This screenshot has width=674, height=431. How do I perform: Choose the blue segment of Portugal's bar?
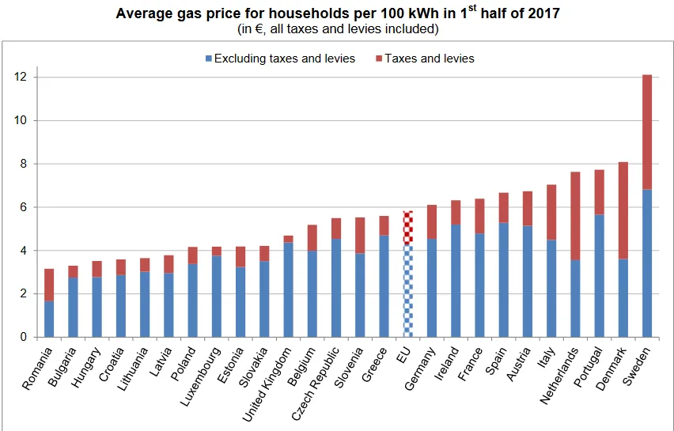(599, 276)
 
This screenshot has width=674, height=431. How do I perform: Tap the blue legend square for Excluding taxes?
(209, 59)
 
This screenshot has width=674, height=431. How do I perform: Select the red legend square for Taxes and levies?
(379, 59)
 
